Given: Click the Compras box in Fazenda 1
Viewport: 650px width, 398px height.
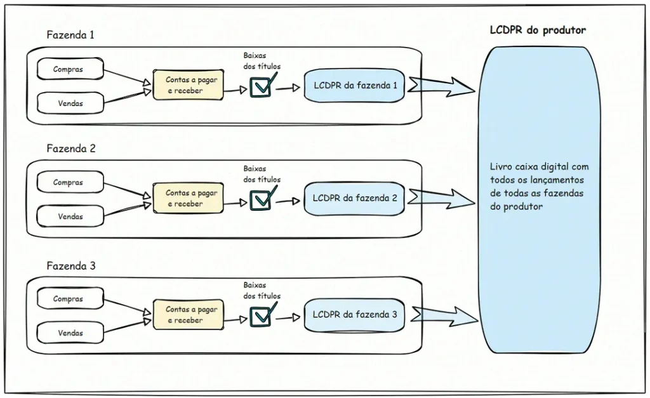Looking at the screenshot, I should click(x=68, y=69).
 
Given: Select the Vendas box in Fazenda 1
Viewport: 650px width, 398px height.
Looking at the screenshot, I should click(x=70, y=102).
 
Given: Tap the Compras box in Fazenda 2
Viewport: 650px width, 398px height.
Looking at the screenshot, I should click(x=68, y=182).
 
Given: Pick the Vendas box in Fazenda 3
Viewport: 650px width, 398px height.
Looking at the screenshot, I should click(x=70, y=332).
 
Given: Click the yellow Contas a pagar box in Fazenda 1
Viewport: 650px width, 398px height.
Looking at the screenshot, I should click(x=188, y=85).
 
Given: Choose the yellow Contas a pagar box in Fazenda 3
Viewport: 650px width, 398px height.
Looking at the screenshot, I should click(x=188, y=315).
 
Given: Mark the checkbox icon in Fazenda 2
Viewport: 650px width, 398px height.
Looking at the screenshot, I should click(x=261, y=199).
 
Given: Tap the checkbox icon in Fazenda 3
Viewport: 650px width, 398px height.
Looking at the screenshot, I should click(x=261, y=315).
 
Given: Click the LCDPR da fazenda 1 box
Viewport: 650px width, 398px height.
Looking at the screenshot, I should click(x=355, y=85).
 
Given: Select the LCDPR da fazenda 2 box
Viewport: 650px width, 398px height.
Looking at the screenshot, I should click(x=355, y=198).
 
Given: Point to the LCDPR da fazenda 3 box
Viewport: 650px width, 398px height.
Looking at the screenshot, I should click(x=355, y=314).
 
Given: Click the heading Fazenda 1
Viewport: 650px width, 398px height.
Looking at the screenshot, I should click(x=70, y=35).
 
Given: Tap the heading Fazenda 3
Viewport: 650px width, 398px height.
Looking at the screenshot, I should click(x=70, y=265).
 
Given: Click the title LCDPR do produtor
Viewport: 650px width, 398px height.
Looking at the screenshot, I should click(x=538, y=30).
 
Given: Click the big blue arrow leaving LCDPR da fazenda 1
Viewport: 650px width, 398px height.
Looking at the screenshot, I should click(x=441, y=87).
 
